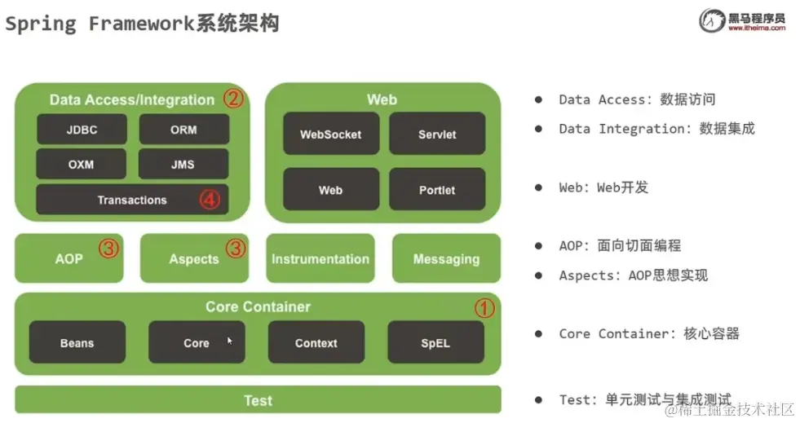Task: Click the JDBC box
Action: tap(82, 129)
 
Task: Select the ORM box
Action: tap(183, 129)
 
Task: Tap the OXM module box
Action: tap(81, 164)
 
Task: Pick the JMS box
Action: tap(183, 164)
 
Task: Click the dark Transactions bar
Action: tap(131, 200)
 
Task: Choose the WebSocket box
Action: tap(330, 134)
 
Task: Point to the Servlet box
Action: tap(437, 134)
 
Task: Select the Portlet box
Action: tap(437, 190)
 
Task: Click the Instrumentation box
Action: tap(320, 258)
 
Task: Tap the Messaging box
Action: tap(446, 258)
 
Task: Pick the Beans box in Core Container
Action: tap(77, 342)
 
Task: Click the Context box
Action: tap(316, 342)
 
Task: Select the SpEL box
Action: tap(435, 342)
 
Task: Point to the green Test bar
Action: tap(258, 400)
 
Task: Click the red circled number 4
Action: tap(210, 199)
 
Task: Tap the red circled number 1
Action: tap(485, 308)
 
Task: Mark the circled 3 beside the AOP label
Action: tap(109, 249)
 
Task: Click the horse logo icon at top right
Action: tap(711, 20)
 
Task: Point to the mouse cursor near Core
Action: tap(230, 340)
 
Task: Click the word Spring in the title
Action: tap(41, 23)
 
